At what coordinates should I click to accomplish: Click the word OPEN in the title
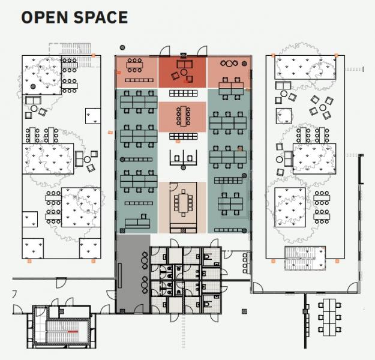click(45, 17)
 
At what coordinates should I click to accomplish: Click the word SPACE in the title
click(101, 17)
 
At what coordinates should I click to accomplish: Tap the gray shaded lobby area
click(133, 274)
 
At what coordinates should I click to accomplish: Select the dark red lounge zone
click(182, 72)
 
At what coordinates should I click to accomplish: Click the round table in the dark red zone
click(184, 72)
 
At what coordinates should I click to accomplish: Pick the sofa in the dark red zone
click(184, 64)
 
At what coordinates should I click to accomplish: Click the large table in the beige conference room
click(184, 203)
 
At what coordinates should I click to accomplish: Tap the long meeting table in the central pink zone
click(184, 116)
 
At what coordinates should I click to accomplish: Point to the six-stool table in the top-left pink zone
click(134, 65)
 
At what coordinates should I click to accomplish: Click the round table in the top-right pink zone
click(229, 64)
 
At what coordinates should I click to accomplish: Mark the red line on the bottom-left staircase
click(73, 332)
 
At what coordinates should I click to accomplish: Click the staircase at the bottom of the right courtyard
click(305, 258)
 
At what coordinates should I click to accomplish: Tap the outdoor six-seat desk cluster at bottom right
click(329, 317)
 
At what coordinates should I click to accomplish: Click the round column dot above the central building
click(122, 47)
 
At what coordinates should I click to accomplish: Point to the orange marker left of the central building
click(110, 132)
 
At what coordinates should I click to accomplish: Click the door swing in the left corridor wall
click(61, 283)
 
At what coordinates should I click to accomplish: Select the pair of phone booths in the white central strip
click(183, 158)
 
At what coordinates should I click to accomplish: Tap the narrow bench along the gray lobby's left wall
click(120, 276)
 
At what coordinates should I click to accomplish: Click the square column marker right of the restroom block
click(244, 311)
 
